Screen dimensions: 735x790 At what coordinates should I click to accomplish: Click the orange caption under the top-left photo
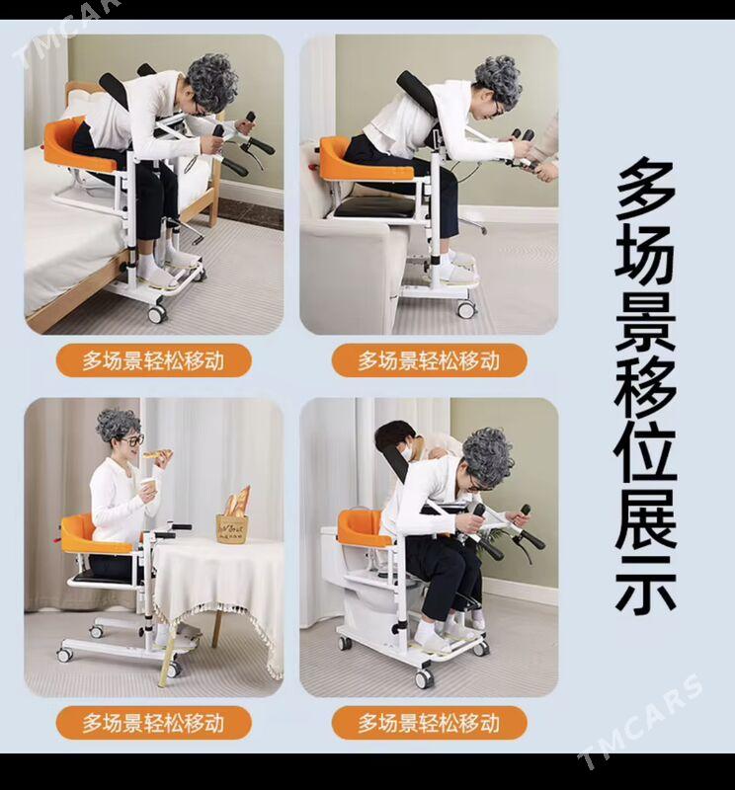point(153,360)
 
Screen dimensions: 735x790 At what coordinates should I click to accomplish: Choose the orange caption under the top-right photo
point(429,360)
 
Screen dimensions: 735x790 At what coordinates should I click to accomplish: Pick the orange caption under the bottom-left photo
point(153,723)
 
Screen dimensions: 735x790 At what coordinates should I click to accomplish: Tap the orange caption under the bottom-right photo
point(429,723)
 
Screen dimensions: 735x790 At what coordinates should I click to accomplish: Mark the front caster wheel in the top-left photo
point(157,313)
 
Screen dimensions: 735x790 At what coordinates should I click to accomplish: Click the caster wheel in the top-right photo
point(466,308)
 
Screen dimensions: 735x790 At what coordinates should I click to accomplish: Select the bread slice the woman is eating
point(157,455)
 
